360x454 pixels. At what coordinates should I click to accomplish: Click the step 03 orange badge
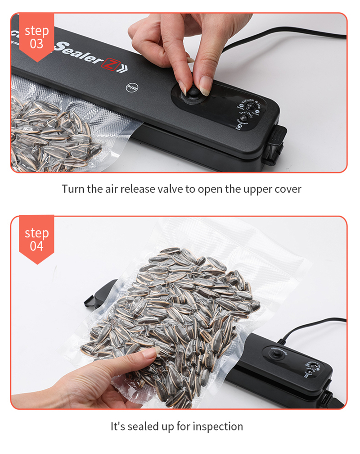pyautogui.click(x=36, y=37)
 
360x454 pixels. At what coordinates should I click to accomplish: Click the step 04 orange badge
pyautogui.click(x=36, y=239)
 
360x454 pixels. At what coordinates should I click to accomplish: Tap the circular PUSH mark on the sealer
pyautogui.click(x=132, y=87)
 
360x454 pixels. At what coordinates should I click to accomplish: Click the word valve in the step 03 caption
pyautogui.click(x=172, y=189)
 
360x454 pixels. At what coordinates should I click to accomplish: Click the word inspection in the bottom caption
pyautogui.click(x=218, y=426)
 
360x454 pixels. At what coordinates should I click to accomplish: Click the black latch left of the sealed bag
pyautogui.click(x=97, y=295)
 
